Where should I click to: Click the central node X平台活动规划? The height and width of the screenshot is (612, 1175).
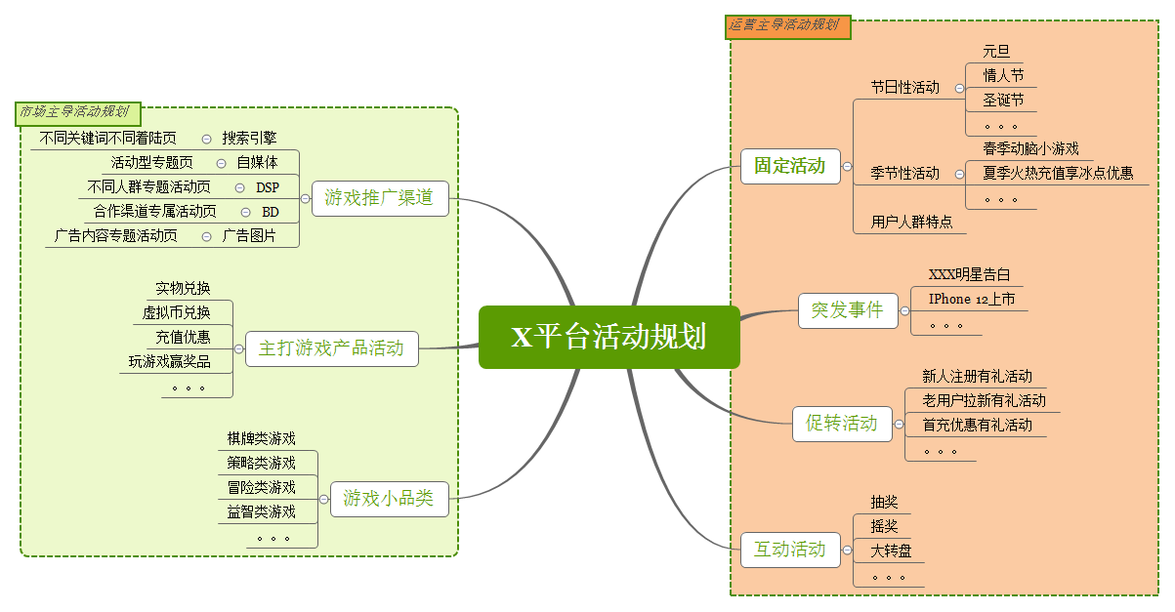tap(608, 338)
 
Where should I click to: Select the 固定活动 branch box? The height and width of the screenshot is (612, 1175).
tap(789, 166)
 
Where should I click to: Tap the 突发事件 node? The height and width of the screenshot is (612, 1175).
tap(847, 310)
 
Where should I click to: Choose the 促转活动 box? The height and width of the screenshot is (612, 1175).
tap(841, 424)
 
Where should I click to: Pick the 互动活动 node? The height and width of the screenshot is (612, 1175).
tap(789, 550)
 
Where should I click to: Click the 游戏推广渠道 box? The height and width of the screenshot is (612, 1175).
tap(379, 198)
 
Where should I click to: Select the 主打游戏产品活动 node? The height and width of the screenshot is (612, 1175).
tap(331, 348)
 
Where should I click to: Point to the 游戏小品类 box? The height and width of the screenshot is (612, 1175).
tap(388, 499)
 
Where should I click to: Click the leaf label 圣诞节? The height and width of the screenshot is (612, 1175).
tap(1003, 100)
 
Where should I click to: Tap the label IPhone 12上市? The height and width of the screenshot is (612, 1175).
tap(971, 299)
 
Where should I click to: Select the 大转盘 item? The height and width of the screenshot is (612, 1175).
tap(891, 551)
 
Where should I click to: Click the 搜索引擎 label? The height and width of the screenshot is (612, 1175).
tap(249, 139)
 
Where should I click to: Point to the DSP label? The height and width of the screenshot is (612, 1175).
tap(268, 187)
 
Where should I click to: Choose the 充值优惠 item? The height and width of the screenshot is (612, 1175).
tap(183, 338)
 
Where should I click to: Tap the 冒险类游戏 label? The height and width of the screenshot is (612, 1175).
tap(261, 487)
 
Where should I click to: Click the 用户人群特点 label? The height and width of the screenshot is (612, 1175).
tap(911, 223)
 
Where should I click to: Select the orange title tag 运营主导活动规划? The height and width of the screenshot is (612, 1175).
tap(787, 25)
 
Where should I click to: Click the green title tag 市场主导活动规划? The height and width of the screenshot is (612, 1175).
tap(74, 112)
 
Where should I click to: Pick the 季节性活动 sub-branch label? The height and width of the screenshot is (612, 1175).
tap(904, 174)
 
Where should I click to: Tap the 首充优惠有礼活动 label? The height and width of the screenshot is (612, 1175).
tap(977, 425)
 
